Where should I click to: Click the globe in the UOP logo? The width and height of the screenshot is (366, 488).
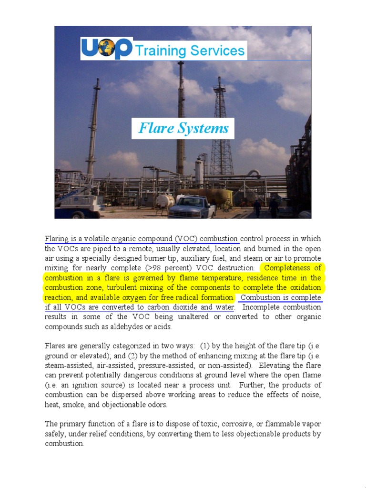click(107, 49)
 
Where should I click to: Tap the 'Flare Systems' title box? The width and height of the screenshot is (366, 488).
click(183, 128)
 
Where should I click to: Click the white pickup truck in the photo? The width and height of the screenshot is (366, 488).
click(193, 206)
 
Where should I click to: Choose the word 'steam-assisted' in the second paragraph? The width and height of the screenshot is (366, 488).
click(67, 365)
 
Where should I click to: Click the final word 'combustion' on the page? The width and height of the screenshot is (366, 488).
click(64, 443)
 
